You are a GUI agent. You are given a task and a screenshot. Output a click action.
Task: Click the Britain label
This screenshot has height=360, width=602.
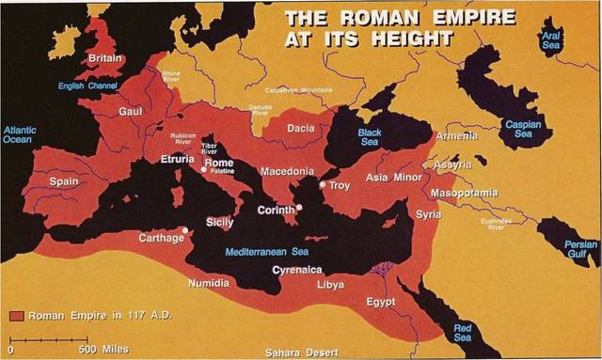tap(105, 58)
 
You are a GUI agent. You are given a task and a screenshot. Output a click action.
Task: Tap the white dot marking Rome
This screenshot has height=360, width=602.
tap(203, 172)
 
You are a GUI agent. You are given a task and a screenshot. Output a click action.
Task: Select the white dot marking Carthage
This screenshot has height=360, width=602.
tap(185, 229)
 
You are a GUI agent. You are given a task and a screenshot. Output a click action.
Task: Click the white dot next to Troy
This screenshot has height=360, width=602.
tap(322, 185)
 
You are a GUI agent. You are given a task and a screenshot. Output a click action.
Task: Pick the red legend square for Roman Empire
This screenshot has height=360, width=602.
tap(16, 315)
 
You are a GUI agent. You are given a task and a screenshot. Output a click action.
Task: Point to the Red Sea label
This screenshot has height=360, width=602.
tap(463, 331)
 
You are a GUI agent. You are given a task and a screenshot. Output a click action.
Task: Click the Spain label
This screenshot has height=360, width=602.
tap(64, 180)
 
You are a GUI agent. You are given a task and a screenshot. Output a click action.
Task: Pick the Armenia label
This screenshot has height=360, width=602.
tap(457, 136)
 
